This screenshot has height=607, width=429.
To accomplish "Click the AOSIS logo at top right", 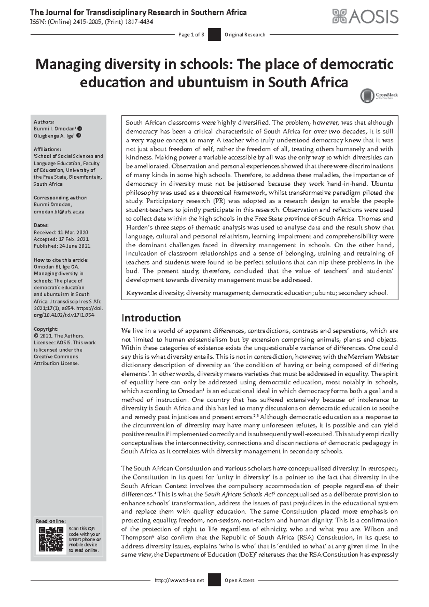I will (x=365, y=16).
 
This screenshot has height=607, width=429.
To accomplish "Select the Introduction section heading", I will (x=151, y=318).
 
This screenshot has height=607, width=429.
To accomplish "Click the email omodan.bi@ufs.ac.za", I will (x=59, y=212).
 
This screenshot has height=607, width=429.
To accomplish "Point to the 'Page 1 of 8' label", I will (x=191, y=35).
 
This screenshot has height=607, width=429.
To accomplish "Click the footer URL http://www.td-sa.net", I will (x=179, y=580).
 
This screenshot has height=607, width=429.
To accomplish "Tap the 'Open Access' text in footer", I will (x=240, y=580).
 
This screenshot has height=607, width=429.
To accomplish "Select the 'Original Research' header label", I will (x=245, y=35).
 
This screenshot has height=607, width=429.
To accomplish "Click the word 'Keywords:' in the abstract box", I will (x=141, y=293).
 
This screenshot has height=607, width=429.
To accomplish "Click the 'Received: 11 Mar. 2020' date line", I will (x=61, y=232).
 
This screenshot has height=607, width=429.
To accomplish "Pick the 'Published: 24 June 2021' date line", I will (x=62, y=246).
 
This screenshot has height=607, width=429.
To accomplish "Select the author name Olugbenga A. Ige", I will (x=54, y=136).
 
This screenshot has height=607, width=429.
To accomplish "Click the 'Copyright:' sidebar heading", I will (x=46, y=329).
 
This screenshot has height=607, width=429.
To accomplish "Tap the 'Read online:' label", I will (x=51, y=521).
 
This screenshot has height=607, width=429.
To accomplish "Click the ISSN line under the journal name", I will (x=92, y=22).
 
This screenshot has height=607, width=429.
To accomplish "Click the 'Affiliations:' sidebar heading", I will (x=47, y=149).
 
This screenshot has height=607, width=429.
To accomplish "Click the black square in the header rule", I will (x=214, y=35).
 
